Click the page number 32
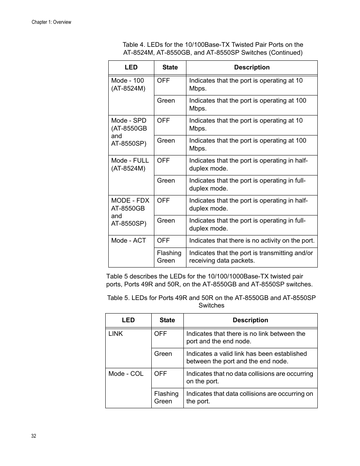34,436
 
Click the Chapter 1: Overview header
51,22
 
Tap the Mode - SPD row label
129,132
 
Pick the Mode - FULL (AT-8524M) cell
130,165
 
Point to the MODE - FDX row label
130,212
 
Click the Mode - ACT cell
128,241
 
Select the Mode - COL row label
126,374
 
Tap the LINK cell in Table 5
115,334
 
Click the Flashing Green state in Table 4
169,257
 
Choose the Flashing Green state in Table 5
166,397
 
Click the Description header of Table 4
252,68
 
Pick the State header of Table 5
167,320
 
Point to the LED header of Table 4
131,68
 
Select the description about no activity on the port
252,241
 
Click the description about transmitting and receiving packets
251,257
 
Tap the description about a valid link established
246,357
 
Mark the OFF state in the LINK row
160,334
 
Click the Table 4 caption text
213,49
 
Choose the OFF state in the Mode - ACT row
163,241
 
